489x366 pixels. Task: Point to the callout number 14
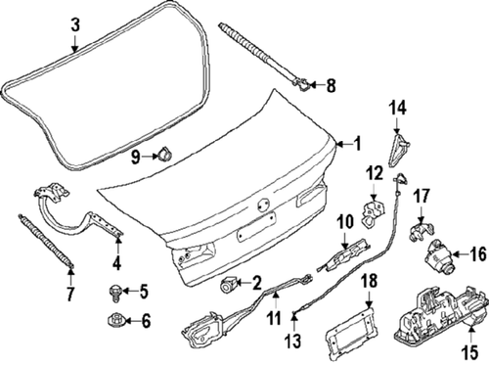pos(398,108)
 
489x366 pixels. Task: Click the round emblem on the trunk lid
pos(262,205)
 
